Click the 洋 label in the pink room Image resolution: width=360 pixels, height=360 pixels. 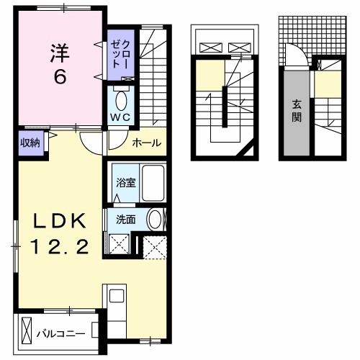(60, 53)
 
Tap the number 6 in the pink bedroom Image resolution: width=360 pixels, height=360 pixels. (60, 78)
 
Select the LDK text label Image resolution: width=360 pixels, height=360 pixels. (59, 221)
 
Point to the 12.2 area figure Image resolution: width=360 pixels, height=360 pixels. (59, 247)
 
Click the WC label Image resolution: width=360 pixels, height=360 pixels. (120, 117)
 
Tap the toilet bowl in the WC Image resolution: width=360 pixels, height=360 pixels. (121, 101)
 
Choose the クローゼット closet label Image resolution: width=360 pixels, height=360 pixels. (120, 54)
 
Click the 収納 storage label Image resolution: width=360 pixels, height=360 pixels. (30, 143)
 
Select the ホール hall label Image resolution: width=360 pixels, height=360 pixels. (147, 143)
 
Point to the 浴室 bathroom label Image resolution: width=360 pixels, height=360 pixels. (126, 183)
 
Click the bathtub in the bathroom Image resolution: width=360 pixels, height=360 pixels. (153, 184)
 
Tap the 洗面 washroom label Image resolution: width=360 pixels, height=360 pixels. (126, 220)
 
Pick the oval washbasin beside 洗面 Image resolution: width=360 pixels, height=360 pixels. (155, 220)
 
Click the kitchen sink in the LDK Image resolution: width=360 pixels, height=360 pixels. (117, 296)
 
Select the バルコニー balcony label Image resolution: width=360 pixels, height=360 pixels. (61, 334)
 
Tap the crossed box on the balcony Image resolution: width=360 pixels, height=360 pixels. (27, 330)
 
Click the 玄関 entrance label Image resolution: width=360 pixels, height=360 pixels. (297, 111)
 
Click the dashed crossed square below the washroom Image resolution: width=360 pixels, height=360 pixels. (155, 248)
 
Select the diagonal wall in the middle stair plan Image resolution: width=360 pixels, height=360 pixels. (244, 150)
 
